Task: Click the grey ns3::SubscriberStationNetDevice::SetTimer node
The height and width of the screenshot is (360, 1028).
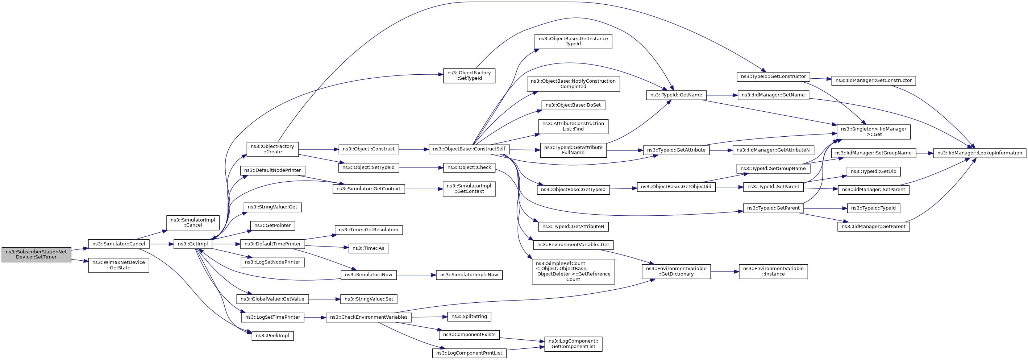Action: [36, 255]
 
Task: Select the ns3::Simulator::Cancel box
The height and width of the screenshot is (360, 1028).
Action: [118, 244]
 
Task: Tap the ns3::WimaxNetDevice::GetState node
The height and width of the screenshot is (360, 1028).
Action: [118, 265]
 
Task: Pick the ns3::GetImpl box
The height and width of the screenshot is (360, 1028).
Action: [193, 244]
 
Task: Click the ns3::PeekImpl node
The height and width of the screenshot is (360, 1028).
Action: [272, 336]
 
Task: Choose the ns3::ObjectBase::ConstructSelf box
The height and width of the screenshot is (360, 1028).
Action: [469, 149]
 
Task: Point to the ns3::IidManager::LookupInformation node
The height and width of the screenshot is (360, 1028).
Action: [980, 153]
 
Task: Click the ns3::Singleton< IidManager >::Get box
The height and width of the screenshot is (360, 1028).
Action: [874, 132]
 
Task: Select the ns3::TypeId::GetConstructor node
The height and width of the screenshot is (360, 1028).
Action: [773, 76]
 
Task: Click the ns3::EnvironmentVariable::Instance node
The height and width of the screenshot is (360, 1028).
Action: [773, 272]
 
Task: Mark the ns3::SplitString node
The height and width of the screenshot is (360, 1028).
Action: [469, 316]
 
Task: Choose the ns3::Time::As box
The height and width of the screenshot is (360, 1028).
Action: [369, 248]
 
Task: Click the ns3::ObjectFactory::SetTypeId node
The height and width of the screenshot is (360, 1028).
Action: [469, 76]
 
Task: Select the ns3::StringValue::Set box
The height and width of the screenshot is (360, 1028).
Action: [369, 299]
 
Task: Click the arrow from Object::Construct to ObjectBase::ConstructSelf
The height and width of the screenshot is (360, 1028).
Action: [414, 149]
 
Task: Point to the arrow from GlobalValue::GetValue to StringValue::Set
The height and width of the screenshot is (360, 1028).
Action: [324, 299]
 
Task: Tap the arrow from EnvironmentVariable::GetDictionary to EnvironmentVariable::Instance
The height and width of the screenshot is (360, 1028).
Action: [725, 272]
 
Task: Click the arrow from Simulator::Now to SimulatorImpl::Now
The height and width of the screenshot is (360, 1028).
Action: [416, 275]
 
